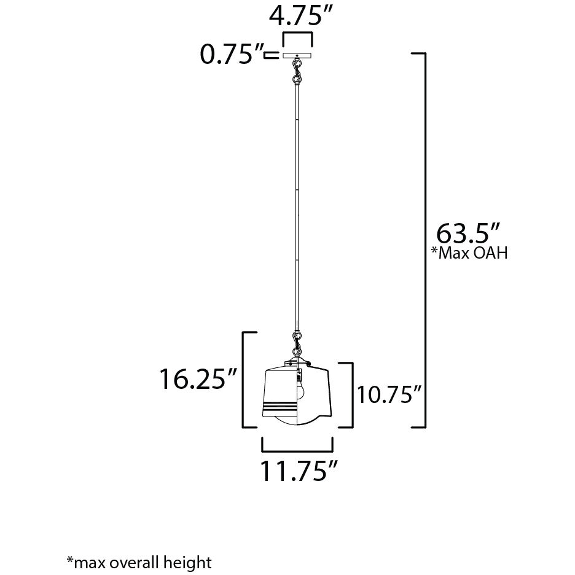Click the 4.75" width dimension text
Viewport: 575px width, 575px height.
point(296,16)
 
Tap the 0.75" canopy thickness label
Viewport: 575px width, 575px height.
point(227,55)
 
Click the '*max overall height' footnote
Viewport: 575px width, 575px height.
point(139,561)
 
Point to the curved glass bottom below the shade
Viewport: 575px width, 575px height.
point(297,420)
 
